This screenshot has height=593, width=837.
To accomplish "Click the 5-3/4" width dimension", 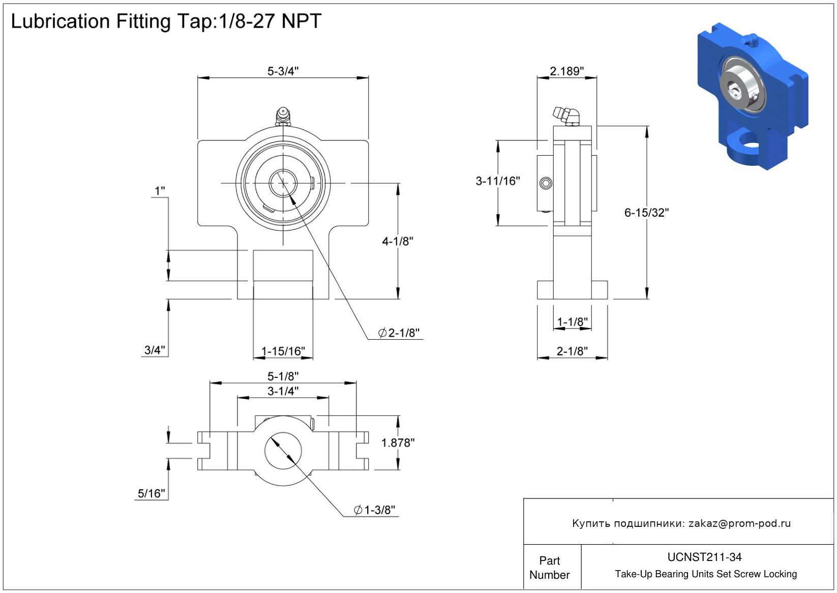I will [283, 71].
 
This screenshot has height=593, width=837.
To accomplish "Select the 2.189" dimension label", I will [566, 71].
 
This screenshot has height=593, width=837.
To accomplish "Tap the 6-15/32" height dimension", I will [646, 213].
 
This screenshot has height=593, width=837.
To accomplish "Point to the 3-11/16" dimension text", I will [497, 181].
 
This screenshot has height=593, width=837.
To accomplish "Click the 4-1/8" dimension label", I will [398, 241].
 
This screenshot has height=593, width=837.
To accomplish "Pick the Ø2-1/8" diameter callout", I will [399, 333].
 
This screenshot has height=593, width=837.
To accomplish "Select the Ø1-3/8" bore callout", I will [375, 510].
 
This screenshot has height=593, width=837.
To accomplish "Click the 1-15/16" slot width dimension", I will [283, 351].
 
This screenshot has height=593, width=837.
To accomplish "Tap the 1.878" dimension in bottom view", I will [398, 443].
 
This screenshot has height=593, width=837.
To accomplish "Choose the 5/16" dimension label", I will [152, 493].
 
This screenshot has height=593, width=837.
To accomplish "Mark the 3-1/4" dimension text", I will [283, 391].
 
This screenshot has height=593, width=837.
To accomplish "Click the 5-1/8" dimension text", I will [283, 376].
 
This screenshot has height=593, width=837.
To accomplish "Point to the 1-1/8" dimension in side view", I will [572, 322].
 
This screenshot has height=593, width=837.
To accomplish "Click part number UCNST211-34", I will [704, 557].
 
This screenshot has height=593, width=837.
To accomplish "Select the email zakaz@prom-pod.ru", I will [739, 523].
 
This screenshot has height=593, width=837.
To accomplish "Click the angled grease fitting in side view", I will [566, 115].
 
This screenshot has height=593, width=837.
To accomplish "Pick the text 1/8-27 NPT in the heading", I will [270, 21].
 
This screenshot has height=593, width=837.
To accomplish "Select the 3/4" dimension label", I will [155, 350].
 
